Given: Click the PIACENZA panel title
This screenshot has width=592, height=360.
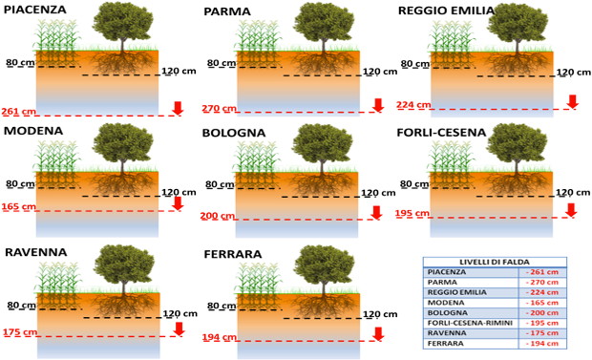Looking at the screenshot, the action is click(34, 10).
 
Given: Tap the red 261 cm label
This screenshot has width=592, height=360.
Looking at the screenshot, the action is click(19, 112).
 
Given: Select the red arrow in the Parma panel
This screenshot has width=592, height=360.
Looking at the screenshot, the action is click(378, 105).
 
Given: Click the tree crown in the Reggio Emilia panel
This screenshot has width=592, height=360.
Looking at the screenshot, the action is click(518, 24).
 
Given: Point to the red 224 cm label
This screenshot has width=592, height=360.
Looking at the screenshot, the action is click(413, 105).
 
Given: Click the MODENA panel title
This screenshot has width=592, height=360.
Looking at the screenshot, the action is click(33, 131).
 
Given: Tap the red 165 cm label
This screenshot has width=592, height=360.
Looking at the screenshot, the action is click(19, 206).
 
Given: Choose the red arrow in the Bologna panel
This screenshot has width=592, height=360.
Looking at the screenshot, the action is click(376, 213).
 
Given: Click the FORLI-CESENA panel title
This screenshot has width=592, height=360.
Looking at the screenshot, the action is click(441, 133).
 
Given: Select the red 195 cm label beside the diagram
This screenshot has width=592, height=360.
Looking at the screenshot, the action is click(412, 214).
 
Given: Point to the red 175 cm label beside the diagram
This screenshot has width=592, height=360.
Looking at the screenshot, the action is click(20, 332).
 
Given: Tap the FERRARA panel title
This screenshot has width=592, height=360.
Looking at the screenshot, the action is click(233, 254).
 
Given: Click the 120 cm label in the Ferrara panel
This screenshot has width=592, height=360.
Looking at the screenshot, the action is click(380, 314).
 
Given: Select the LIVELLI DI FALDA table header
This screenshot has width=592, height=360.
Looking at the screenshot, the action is click(495, 263).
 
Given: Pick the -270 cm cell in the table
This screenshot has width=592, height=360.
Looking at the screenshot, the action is click(543, 283).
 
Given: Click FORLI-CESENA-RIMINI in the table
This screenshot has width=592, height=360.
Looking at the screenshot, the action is click(470, 323).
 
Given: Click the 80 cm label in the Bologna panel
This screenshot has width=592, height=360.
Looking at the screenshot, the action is click(220, 184).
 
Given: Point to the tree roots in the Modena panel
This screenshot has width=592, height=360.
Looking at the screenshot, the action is click(122, 183).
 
